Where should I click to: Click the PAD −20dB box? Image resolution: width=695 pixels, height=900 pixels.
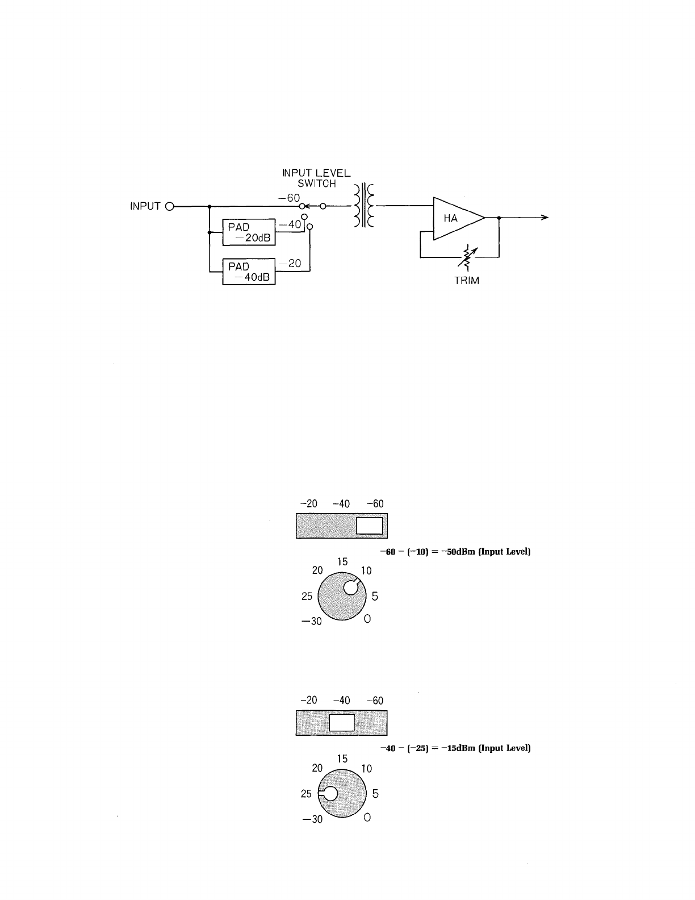coord(248,232)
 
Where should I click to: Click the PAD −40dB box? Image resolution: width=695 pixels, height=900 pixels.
coord(248,272)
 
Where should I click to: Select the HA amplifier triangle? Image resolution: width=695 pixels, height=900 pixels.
coord(454,218)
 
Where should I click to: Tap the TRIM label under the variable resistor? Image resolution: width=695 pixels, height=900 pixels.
coord(467,281)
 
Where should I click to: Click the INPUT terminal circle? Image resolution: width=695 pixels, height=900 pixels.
coord(169,206)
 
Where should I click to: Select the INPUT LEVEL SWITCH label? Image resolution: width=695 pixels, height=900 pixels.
coord(317,178)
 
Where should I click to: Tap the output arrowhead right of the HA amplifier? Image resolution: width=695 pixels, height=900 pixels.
coord(544,218)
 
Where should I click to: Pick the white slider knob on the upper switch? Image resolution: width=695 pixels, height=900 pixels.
coord(369,526)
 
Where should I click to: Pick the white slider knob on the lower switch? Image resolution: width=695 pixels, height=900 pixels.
coord(342,723)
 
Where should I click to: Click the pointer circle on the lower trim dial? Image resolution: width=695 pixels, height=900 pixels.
coord(329,793)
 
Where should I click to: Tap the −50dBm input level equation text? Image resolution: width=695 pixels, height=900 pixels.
coord(455,552)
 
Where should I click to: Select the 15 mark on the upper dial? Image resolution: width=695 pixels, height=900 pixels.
coord(342,562)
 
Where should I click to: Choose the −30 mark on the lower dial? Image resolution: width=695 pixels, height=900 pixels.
coord(312,819)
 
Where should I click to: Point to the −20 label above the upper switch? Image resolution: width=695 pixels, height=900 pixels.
coord(309,504)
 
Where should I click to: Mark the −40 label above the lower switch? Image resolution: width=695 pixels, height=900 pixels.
coord(342,701)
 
